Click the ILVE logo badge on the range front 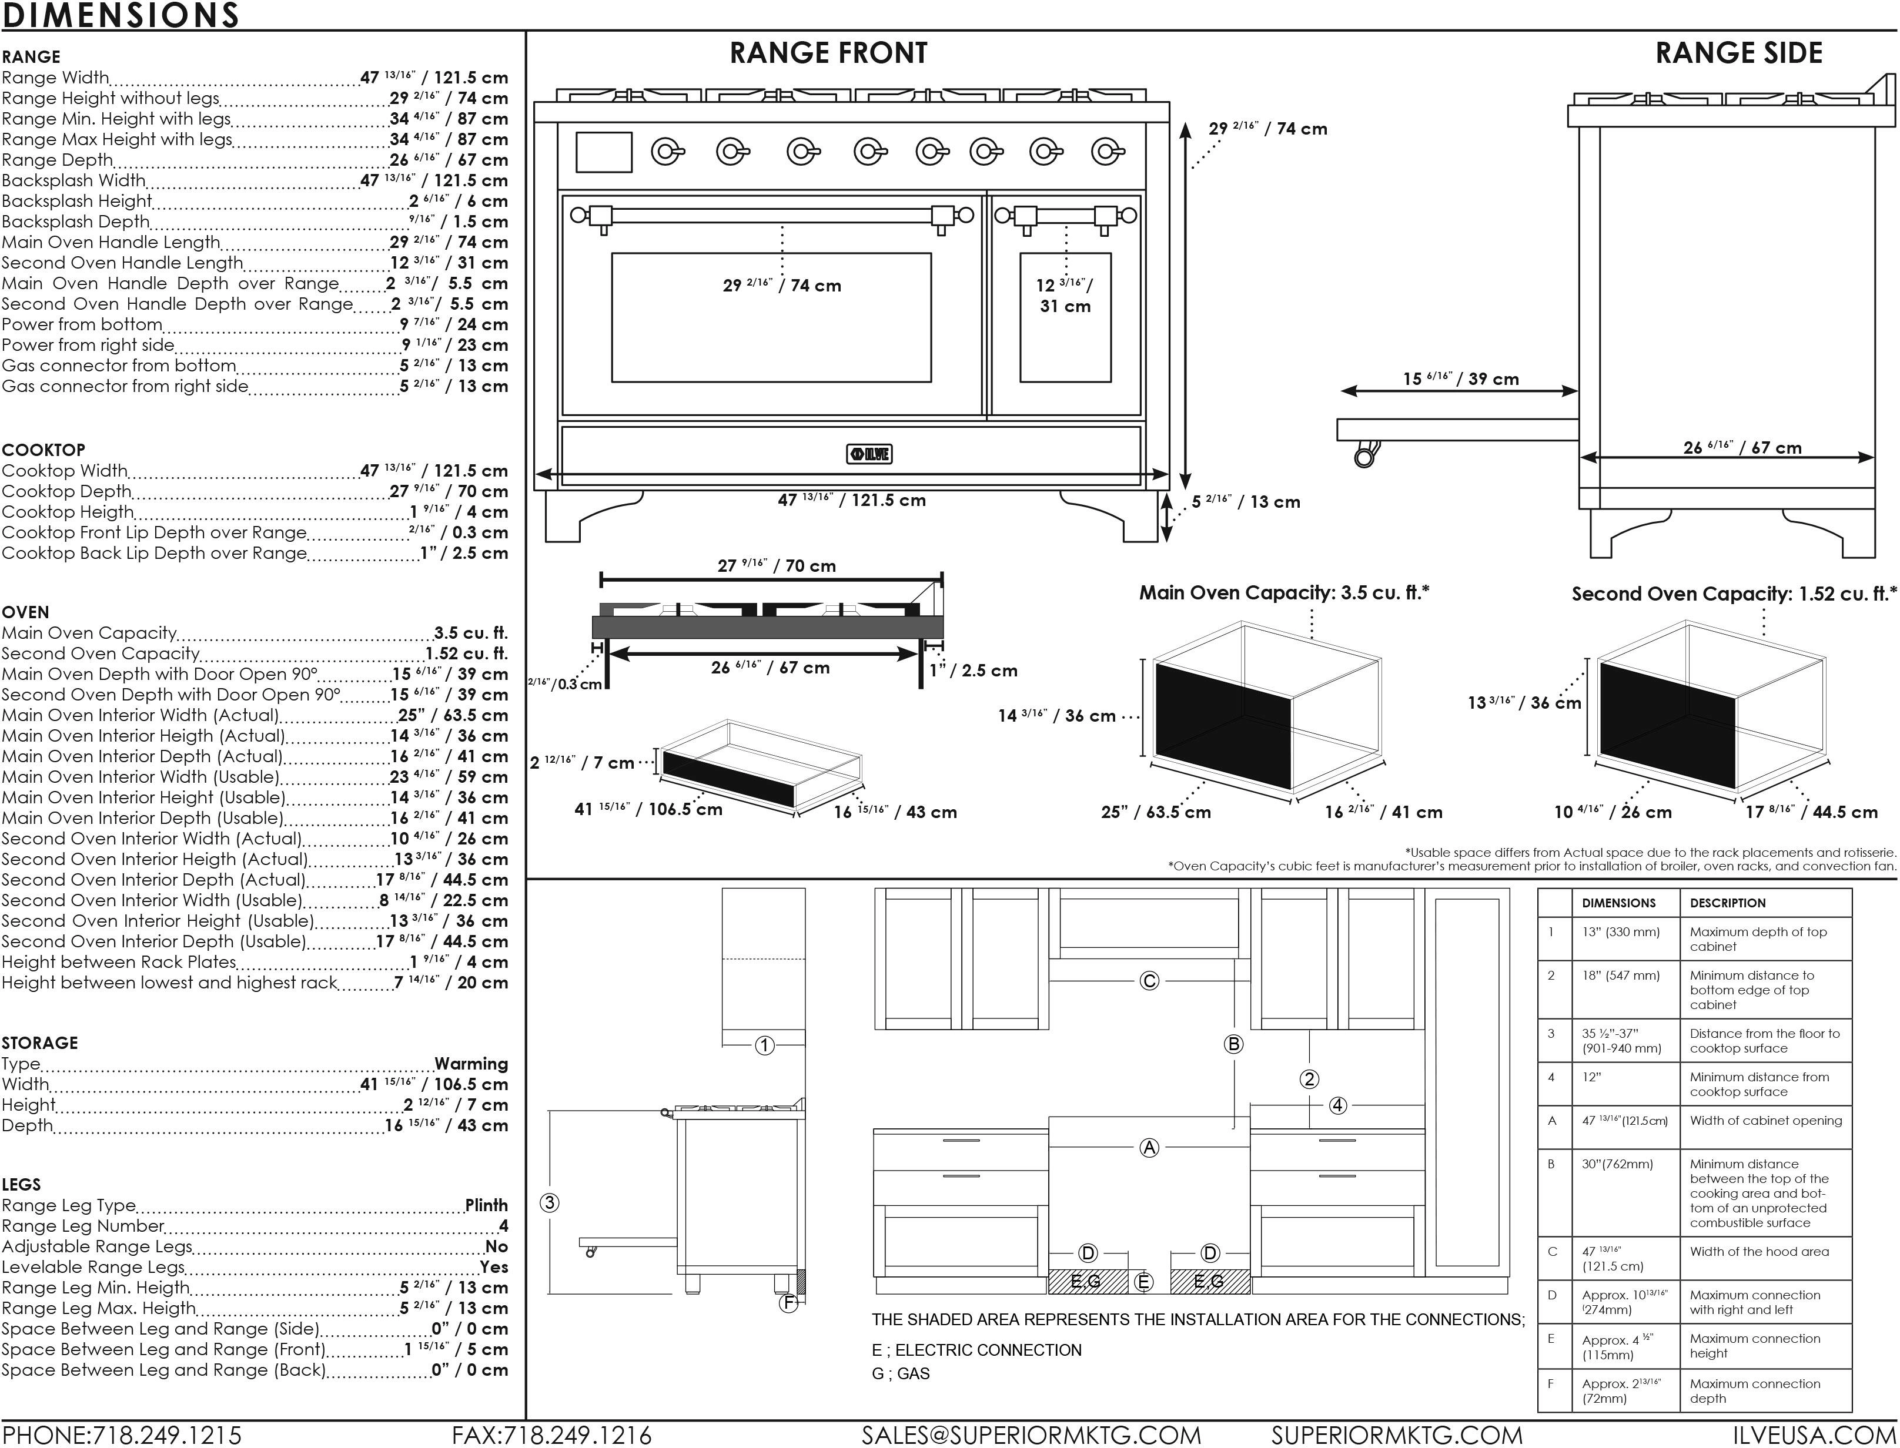click(869, 454)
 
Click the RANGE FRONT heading click(828, 53)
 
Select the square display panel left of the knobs click(603, 153)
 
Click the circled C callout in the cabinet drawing click(1149, 981)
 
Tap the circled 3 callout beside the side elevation click(549, 1203)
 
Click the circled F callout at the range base click(788, 1304)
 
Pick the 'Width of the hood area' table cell click(1759, 1252)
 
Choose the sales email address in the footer click(1031, 1435)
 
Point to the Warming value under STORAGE click(471, 1064)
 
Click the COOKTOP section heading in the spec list click(43, 450)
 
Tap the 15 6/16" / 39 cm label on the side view click(1460, 379)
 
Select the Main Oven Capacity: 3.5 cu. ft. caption click(1284, 593)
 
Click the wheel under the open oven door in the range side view click(1364, 454)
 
